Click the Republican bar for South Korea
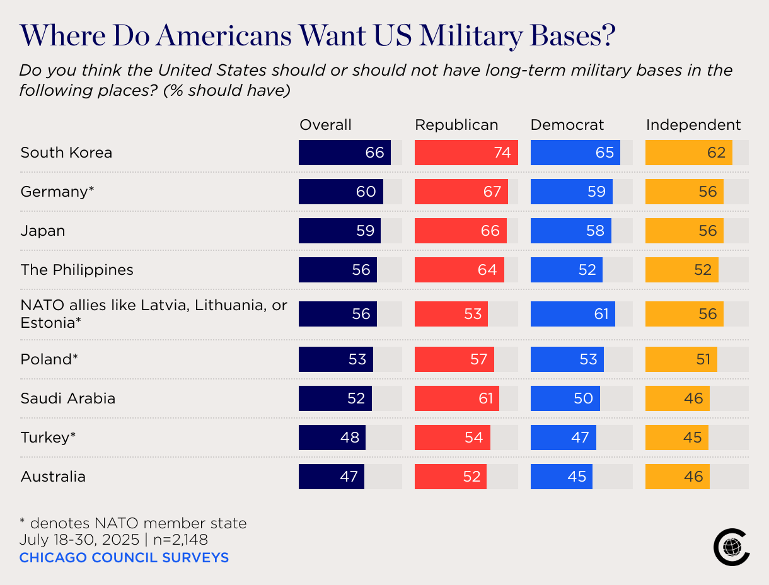coord(466,153)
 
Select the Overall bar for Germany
coord(340,192)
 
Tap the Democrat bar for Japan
coord(570,231)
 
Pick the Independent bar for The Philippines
coord(681,270)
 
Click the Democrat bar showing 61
coord(572,314)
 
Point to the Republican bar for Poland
coord(454,359)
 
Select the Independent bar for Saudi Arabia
coord(677,398)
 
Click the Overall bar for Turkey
coord(332,437)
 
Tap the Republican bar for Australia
coord(451,477)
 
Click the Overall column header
coord(325,125)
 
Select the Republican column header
coord(456,125)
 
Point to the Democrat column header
coord(567,125)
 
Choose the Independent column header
coord(693,125)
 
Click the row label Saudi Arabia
coord(68,398)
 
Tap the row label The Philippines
coord(77,270)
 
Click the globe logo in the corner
coord(731,546)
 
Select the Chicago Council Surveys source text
coord(124,558)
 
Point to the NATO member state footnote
coord(132,523)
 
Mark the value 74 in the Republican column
coord(502,153)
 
